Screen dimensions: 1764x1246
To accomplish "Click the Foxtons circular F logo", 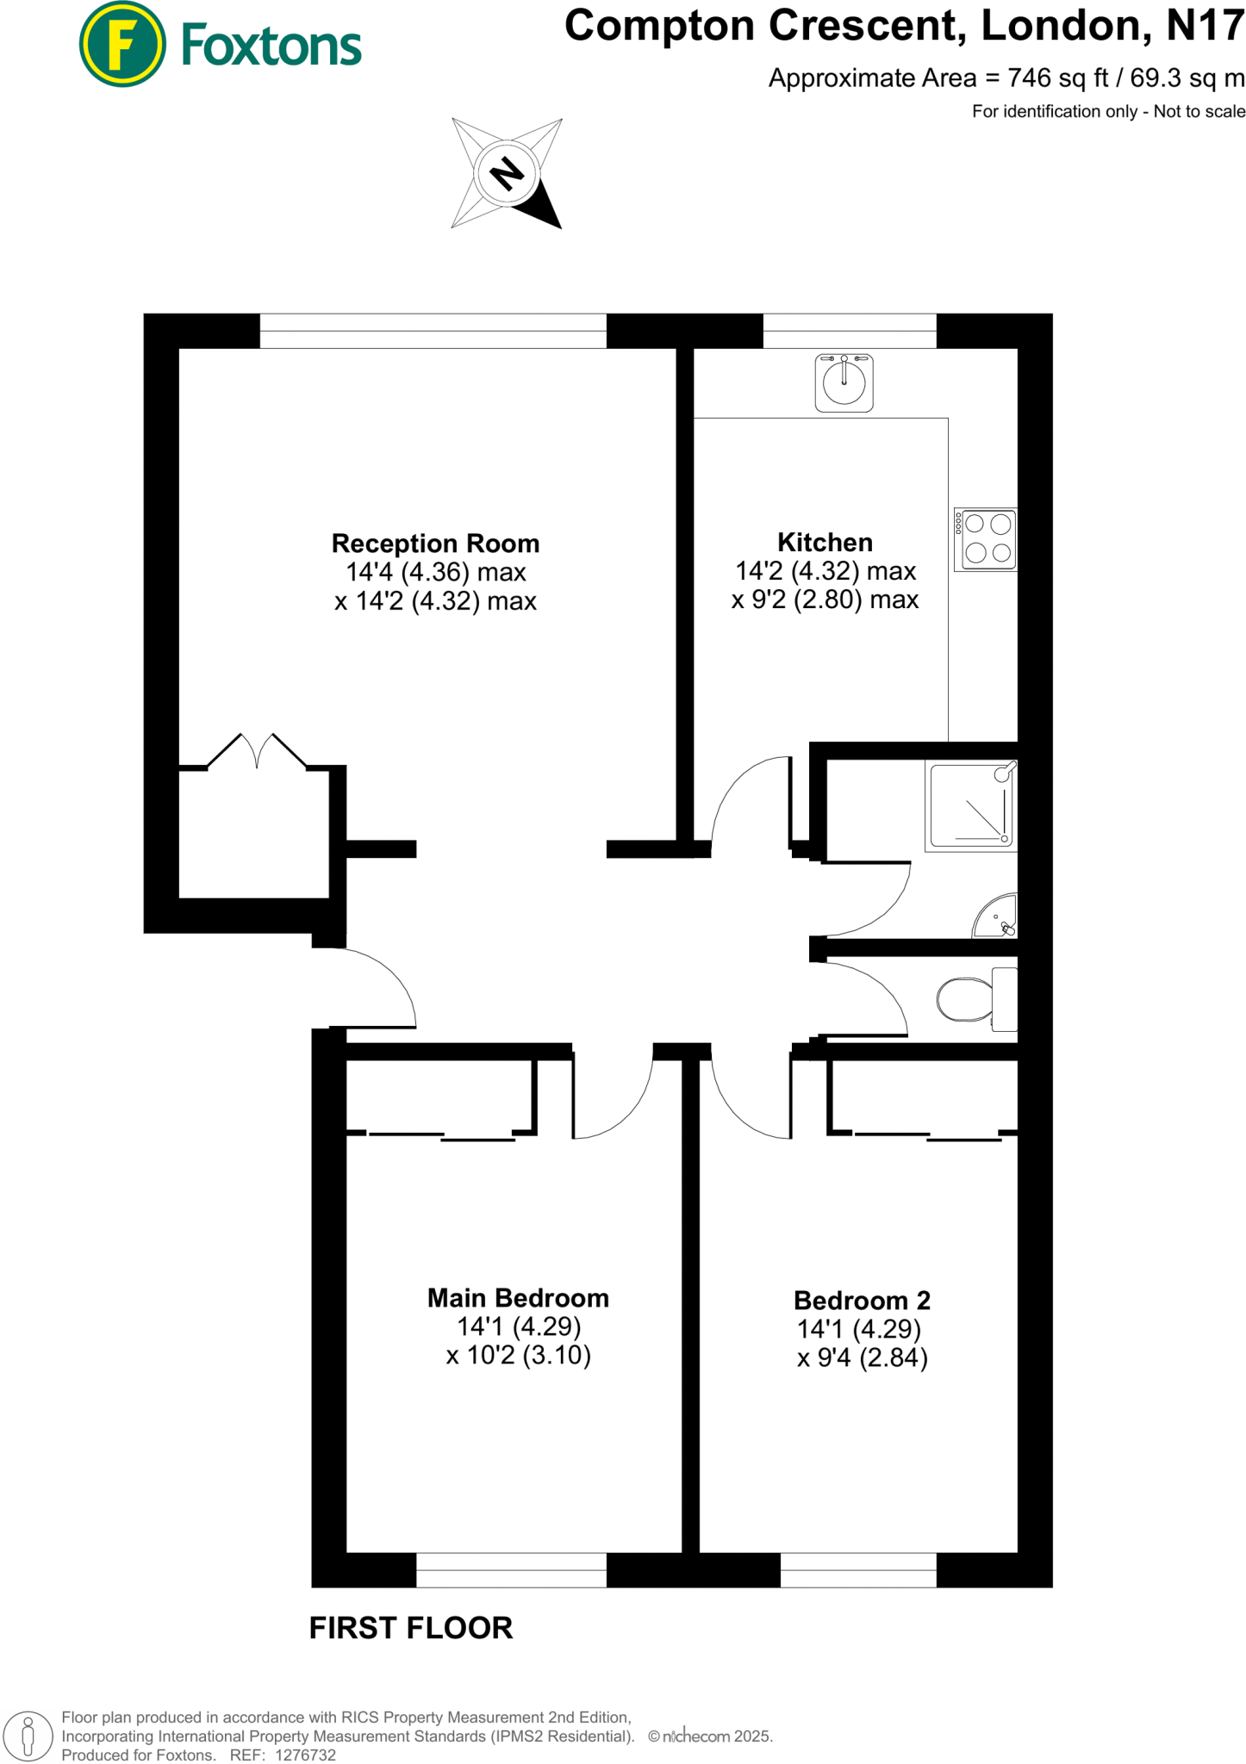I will click(x=121, y=45).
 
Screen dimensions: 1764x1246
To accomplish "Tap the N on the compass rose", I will click(x=507, y=174).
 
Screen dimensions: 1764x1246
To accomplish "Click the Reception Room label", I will click(x=435, y=543).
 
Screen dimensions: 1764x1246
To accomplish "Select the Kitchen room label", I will click(x=825, y=542).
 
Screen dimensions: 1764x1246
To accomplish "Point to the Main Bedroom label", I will click(x=518, y=1297).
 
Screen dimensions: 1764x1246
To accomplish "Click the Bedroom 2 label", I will click(x=862, y=1300).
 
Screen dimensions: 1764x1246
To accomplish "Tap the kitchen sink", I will click(x=844, y=382).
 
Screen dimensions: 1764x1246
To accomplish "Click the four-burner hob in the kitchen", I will click(x=986, y=539).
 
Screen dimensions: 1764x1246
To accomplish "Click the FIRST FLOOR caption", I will click(x=411, y=1629).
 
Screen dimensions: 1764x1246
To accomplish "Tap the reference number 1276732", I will click(x=305, y=1755).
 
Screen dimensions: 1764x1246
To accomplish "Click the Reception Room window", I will click(x=433, y=331).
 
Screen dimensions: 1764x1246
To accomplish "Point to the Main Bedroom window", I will click(x=511, y=1570).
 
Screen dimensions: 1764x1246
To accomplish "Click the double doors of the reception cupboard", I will click(x=257, y=751).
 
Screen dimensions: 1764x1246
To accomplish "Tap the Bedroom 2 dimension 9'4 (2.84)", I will click(x=862, y=1358).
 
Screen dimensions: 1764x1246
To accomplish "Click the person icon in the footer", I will click(x=28, y=1736).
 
